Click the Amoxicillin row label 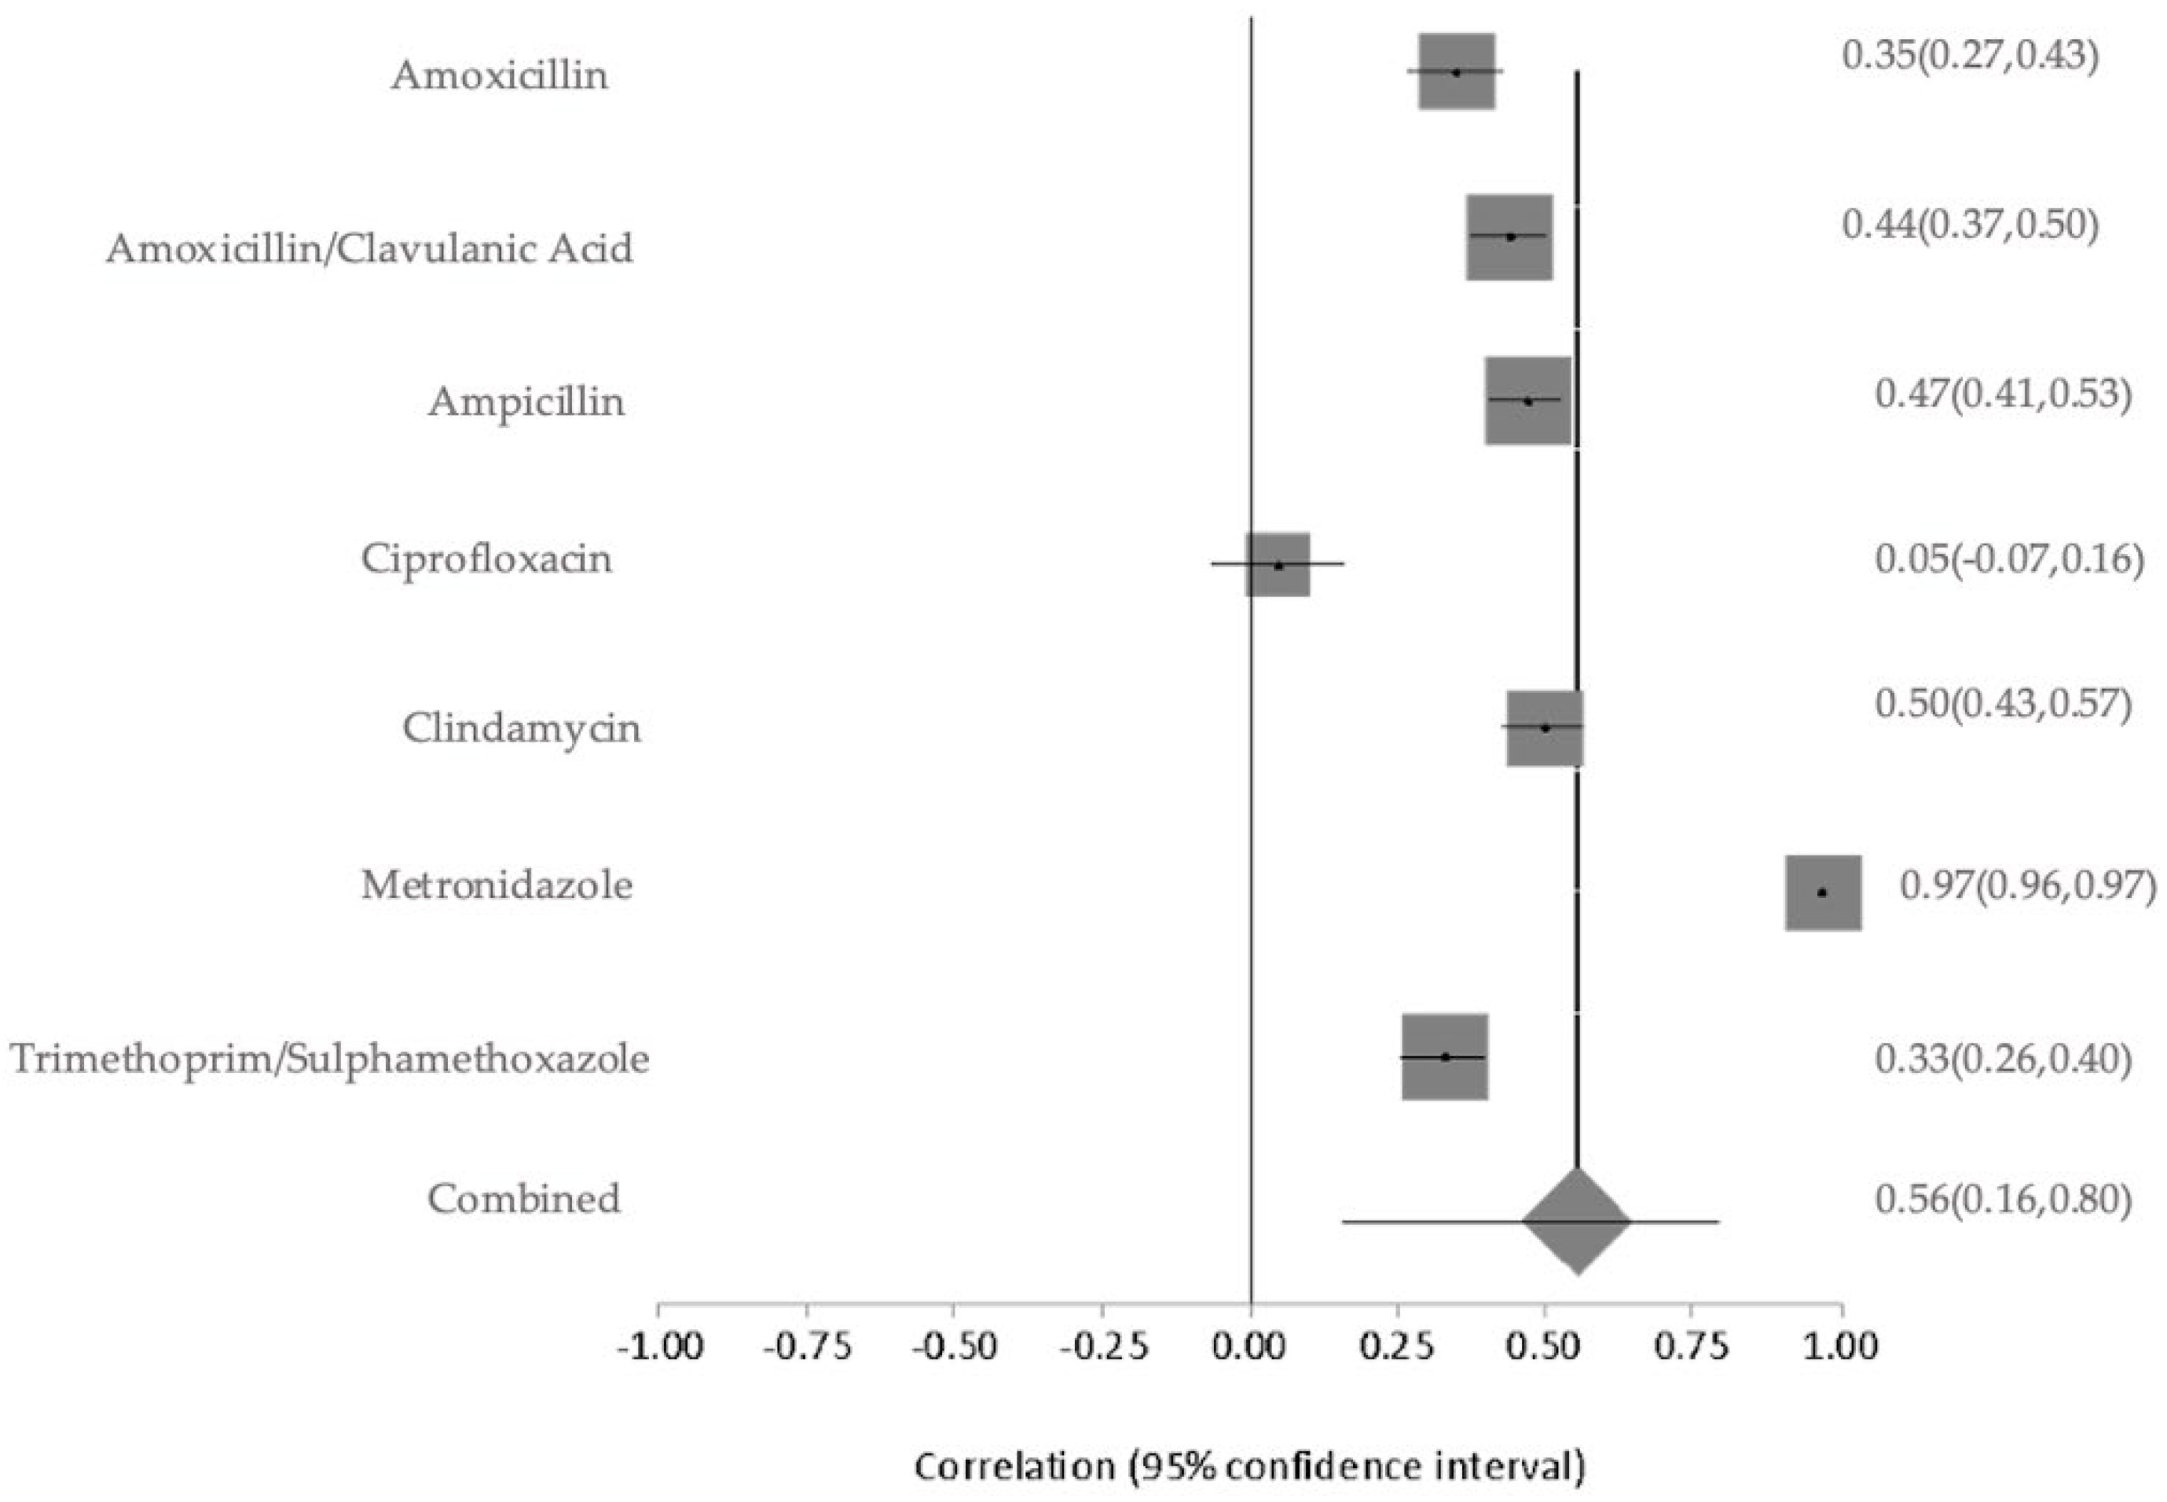500,75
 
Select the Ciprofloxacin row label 486,559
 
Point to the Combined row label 524,1199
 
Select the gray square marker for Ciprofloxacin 1278,565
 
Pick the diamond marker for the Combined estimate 1577,1222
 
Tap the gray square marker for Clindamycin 1545,728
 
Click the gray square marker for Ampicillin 1527,401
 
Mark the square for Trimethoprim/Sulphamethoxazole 1445,1057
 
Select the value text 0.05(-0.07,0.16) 2009,559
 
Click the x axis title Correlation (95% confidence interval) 1250,1466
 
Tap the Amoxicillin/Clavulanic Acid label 370,249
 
